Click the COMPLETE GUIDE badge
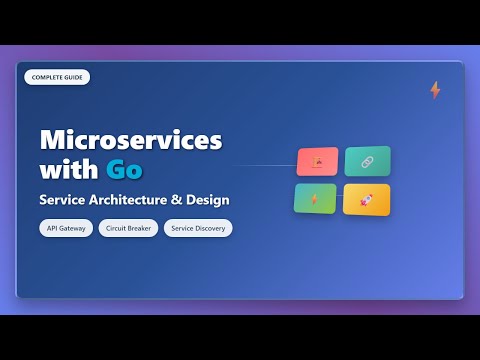click(x=57, y=77)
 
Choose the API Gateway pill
click(x=67, y=228)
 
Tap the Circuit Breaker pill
click(x=128, y=228)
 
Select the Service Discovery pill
click(x=198, y=228)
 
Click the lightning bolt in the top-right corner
click(x=435, y=90)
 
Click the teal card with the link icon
click(x=367, y=161)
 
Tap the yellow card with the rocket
click(x=366, y=199)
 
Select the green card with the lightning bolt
click(x=315, y=199)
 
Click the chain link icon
click(x=367, y=161)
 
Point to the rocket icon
click(x=366, y=199)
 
